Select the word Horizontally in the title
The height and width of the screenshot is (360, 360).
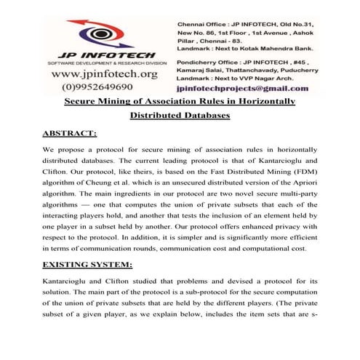(x=268, y=101)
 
